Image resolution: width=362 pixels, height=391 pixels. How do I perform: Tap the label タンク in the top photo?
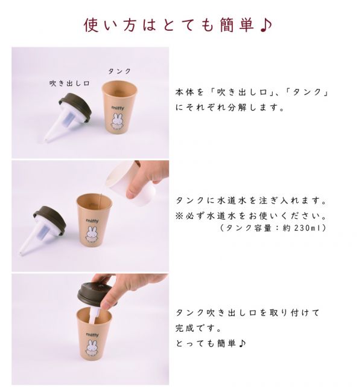[x=119, y=71]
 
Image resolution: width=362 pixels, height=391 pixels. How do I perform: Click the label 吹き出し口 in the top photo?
[x=69, y=84]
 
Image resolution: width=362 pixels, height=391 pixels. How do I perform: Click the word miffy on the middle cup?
[x=92, y=221]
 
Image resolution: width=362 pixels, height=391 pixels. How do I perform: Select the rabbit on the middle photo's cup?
[x=92, y=236]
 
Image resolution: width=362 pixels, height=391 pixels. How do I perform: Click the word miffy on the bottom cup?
[x=92, y=334]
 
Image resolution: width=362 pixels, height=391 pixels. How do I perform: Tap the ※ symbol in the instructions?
[x=179, y=215]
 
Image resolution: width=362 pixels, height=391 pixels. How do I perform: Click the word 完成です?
[x=194, y=328]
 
